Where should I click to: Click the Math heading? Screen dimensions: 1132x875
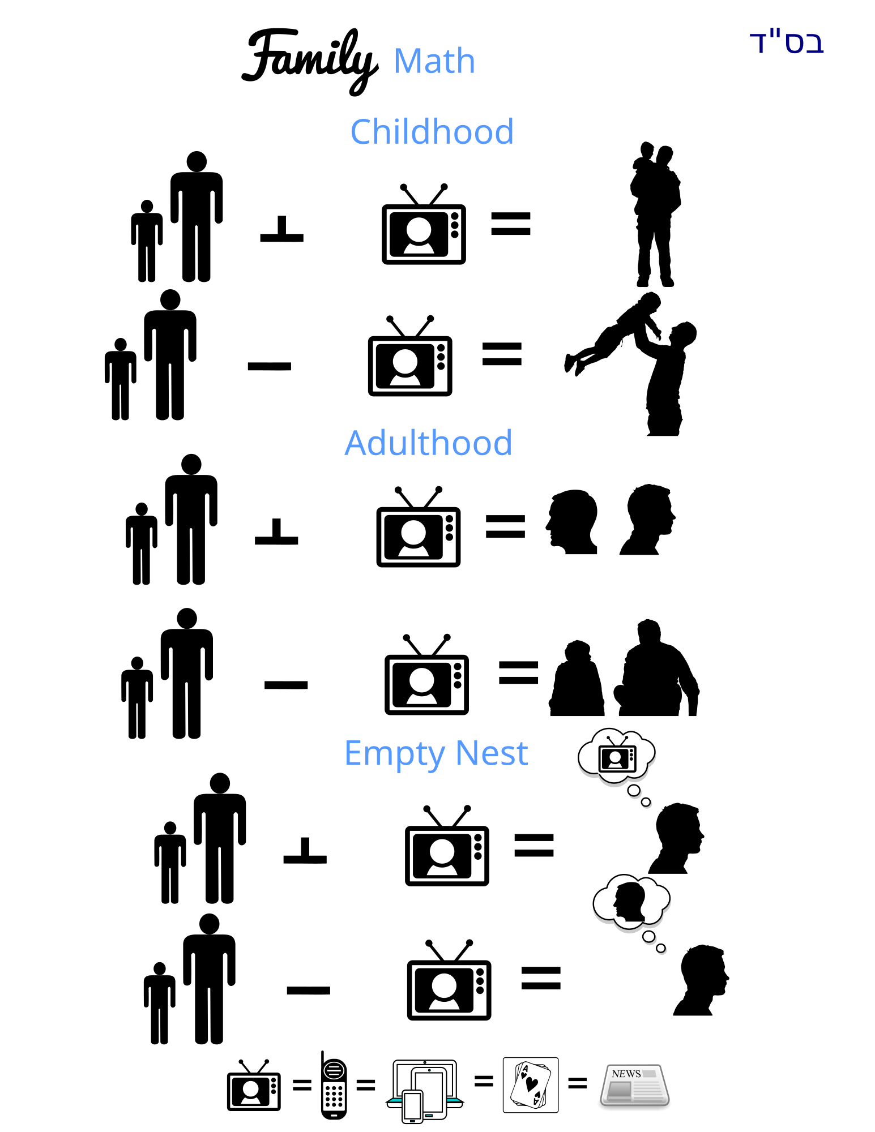[434, 61]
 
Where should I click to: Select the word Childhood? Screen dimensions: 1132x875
[432, 132]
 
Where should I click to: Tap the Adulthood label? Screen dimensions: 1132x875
[429, 443]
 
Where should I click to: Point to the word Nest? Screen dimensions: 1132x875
[492, 753]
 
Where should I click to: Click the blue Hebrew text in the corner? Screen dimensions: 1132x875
[787, 43]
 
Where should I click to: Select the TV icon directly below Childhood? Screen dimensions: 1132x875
[424, 225]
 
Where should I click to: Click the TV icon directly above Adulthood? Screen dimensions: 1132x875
[410, 357]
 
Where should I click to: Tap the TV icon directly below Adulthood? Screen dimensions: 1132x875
[419, 528]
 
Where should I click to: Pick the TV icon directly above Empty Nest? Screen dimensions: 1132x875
[426, 676]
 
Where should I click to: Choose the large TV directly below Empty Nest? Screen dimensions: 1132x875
[447, 847]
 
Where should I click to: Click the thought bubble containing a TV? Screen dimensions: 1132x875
[617, 758]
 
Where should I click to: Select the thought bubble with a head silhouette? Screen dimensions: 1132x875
[631, 903]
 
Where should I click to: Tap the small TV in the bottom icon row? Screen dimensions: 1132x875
[254, 1086]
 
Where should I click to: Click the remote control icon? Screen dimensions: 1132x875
[334, 1088]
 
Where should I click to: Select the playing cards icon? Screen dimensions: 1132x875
[531, 1085]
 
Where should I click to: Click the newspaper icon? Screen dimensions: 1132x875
[635, 1085]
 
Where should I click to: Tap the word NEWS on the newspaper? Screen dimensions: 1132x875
[626, 1074]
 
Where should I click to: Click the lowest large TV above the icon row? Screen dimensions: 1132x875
[449, 981]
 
